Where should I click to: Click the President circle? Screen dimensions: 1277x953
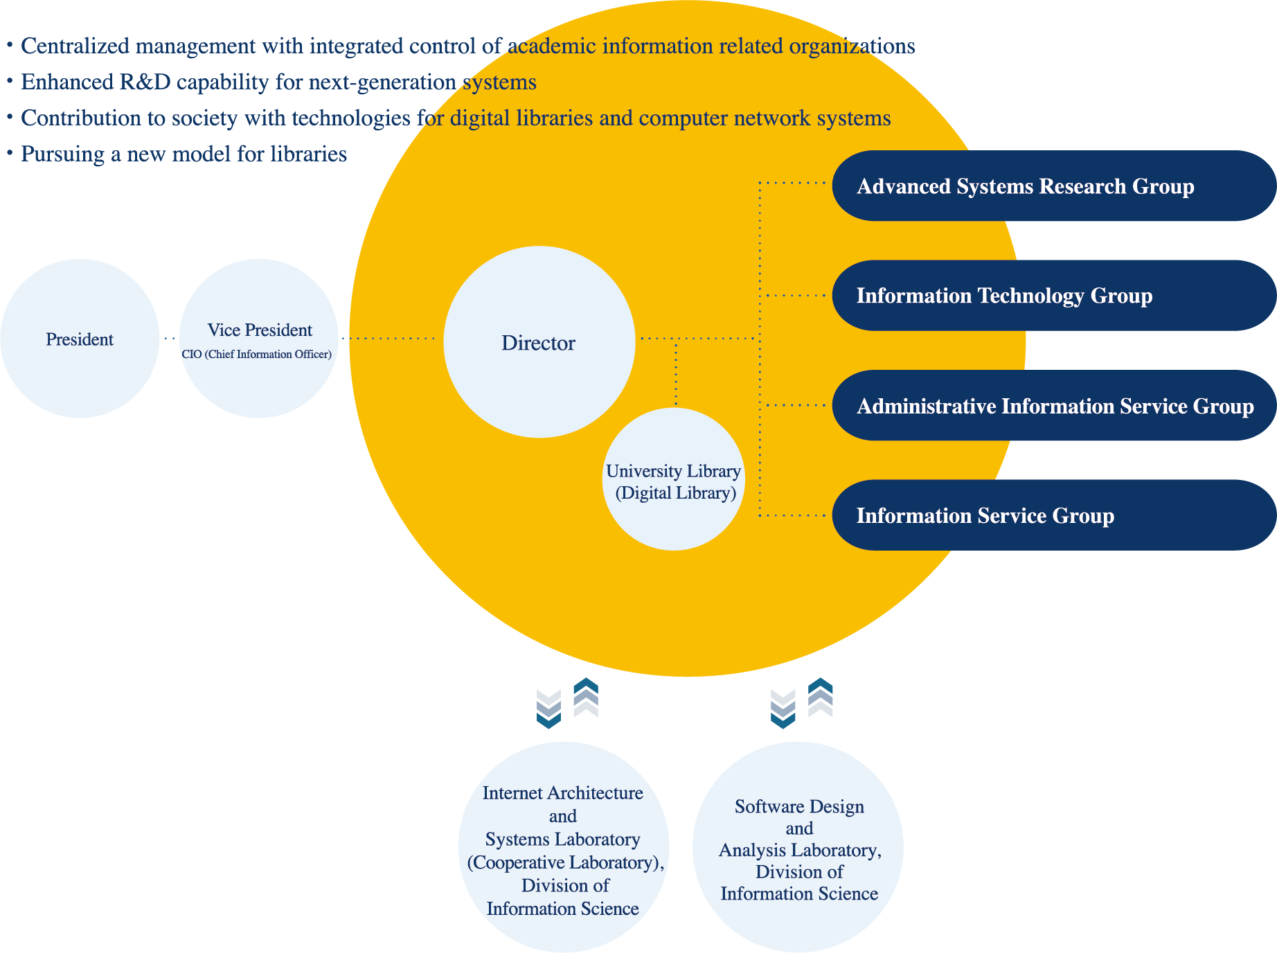click(80, 339)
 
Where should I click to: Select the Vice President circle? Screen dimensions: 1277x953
click(259, 339)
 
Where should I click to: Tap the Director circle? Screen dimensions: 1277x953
click(539, 342)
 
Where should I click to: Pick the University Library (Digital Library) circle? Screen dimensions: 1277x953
click(674, 479)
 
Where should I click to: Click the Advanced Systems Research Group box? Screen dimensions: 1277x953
click(1054, 186)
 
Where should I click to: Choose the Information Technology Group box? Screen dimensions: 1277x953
click(1054, 296)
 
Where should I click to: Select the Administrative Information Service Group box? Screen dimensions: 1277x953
click(1054, 405)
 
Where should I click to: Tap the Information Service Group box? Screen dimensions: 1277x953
click(1054, 515)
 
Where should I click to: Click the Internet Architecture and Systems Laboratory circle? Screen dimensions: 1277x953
click(564, 848)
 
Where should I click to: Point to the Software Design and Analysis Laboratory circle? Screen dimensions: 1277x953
click(798, 848)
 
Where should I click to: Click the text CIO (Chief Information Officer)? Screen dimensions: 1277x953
click(257, 354)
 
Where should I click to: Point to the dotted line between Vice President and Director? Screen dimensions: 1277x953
click(389, 339)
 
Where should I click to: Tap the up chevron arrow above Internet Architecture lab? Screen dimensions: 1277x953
click(586, 697)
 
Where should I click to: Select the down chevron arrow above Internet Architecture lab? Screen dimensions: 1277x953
click(548, 709)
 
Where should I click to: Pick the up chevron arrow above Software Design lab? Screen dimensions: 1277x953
click(821, 697)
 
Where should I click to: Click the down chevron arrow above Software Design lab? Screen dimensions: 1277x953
click(783, 709)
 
